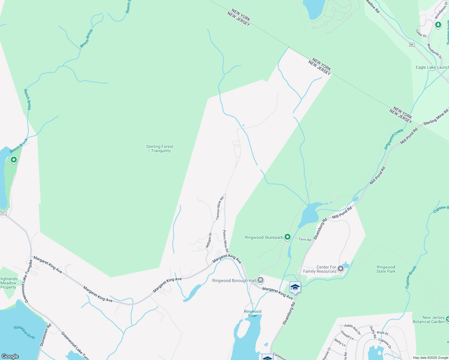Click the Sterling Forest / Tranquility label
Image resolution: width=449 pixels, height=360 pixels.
click(x=160, y=148)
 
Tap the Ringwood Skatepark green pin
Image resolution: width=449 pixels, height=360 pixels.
click(x=288, y=237)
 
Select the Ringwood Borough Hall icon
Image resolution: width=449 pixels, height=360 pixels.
click(x=261, y=280)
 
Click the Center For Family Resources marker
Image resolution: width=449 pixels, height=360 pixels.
click(x=340, y=268)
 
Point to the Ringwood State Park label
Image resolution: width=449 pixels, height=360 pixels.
click(x=386, y=269)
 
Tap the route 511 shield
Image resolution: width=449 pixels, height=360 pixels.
click(x=3, y=213)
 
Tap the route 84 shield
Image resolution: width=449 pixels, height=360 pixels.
click(x=411, y=45)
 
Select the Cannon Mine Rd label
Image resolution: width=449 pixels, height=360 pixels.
click(x=220, y=207)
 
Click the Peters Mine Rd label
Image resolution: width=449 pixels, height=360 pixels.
click(x=226, y=241)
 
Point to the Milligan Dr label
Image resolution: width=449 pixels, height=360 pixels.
click(x=209, y=240)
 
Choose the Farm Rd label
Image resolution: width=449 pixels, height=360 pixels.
click(x=305, y=239)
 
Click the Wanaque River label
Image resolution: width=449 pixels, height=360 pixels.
click(x=25, y=332)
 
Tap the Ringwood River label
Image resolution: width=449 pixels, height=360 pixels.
click(x=252, y=313)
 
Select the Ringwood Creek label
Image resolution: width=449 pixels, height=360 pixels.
click(x=394, y=139)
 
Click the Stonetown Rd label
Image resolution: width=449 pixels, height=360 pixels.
click(x=46, y=335)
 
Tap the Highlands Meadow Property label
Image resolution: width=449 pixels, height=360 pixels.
click(x=8, y=283)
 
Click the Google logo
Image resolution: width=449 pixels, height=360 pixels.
click(x=10, y=356)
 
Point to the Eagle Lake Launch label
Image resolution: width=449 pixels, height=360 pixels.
click(x=432, y=67)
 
